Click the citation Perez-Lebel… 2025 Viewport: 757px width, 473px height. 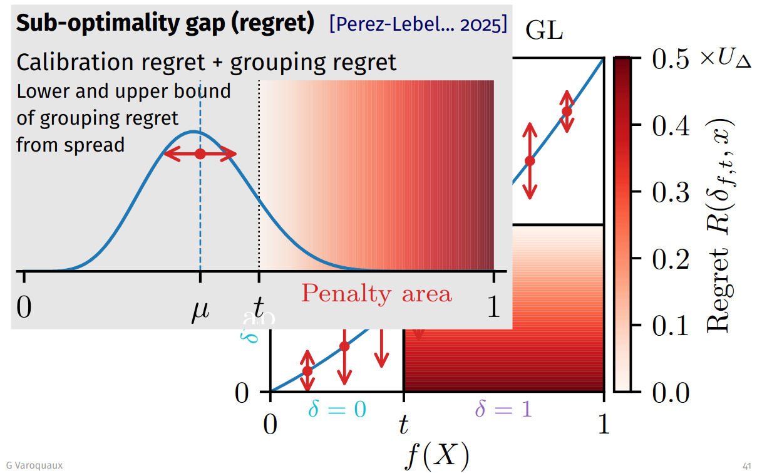pyautogui.click(x=418, y=24)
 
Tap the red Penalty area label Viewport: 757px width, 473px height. pyautogui.click(x=376, y=293)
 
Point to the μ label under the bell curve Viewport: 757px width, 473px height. pyautogui.click(x=200, y=308)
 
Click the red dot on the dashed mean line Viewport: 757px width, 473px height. pyautogui.click(x=200, y=153)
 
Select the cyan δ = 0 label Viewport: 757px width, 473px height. pyautogui.click(x=337, y=410)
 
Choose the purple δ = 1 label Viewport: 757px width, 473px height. pyautogui.click(x=503, y=410)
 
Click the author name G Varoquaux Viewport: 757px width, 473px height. pyautogui.click(x=35, y=465)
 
